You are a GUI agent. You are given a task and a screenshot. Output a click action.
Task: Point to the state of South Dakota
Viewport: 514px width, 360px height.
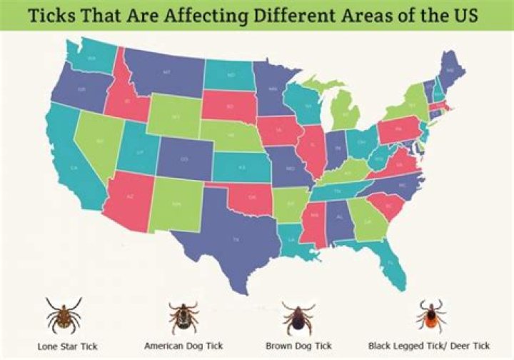click(x=229, y=107)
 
